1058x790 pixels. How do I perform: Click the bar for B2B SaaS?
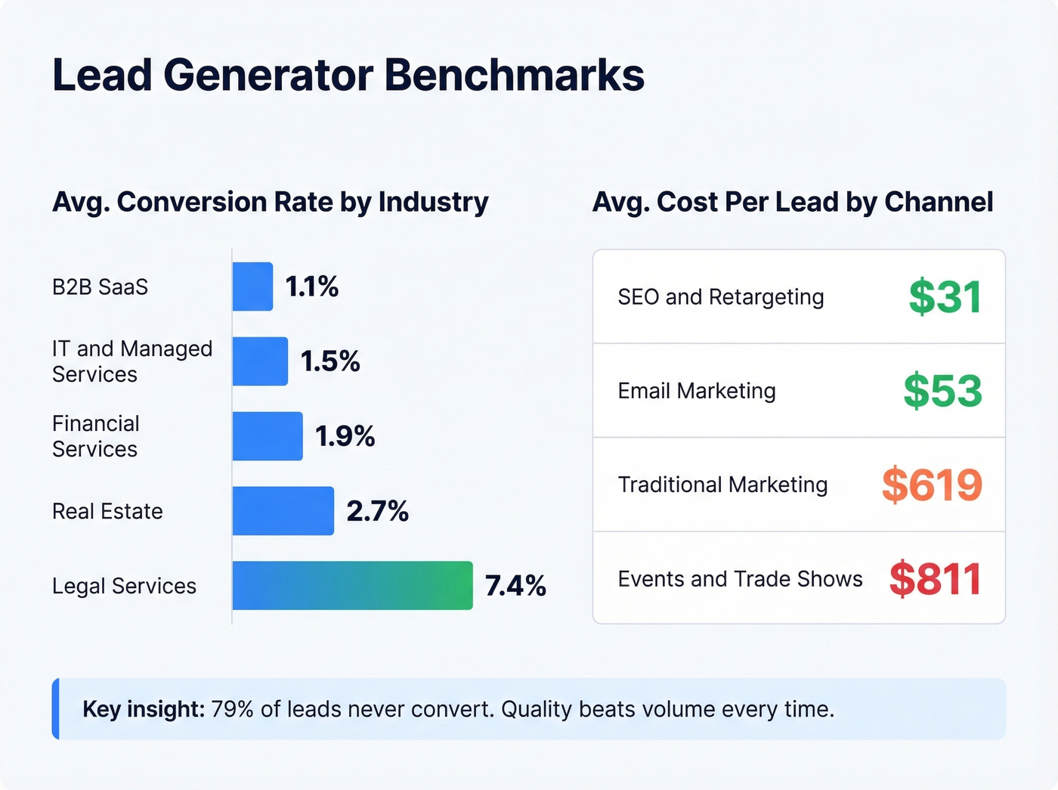pos(252,287)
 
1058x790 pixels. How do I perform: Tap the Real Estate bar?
pos(283,511)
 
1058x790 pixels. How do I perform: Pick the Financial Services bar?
pos(268,436)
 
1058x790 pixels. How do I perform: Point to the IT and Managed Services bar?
pos(260,361)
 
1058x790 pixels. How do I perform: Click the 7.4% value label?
pos(515,586)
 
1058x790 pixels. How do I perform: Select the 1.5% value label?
pos(330,361)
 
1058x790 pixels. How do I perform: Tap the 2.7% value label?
pos(377,511)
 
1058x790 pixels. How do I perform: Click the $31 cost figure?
pos(945,297)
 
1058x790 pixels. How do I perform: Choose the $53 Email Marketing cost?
pos(942,391)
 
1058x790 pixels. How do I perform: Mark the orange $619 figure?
pos(932,485)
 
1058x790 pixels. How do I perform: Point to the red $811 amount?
pos(935,579)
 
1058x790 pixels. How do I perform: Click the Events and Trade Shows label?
pos(740,579)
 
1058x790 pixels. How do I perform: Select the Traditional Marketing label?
pos(722,485)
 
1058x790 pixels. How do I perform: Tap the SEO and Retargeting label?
pos(720,297)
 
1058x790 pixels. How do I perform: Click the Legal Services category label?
pos(124,586)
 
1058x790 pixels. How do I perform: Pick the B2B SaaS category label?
pos(100,287)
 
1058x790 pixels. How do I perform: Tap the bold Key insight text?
pos(144,709)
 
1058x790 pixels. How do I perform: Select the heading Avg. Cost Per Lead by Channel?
pos(792,202)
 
